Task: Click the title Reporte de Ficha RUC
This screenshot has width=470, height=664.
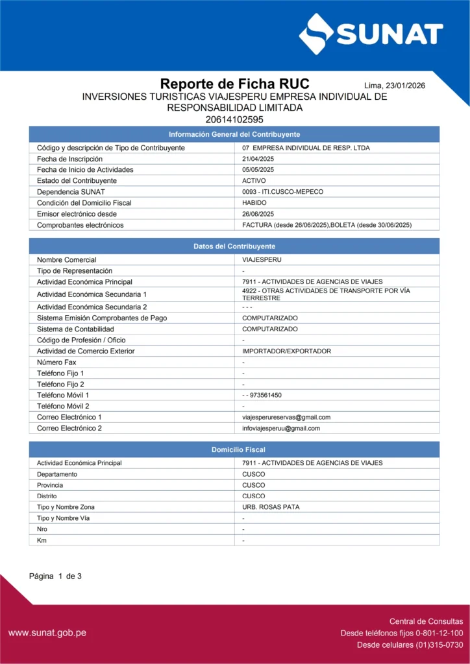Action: point(234,84)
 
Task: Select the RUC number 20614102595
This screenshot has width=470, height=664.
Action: point(234,119)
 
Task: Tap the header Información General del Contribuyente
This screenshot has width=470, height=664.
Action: point(234,134)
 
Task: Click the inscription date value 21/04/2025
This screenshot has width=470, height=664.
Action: point(258,159)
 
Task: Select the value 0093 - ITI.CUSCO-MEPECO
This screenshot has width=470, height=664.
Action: point(282,192)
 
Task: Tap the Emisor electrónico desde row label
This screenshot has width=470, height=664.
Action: point(77,214)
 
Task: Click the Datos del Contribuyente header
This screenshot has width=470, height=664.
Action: point(234,246)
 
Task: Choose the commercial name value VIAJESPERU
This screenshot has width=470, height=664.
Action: point(262,260)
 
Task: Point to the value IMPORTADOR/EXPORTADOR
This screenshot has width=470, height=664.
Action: point(286,351)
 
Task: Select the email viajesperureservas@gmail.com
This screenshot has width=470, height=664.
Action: point(286,417)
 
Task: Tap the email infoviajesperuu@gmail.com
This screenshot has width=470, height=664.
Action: point(281,428)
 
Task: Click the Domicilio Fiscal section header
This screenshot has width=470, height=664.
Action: point(234,449)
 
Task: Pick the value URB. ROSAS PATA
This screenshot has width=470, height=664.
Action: point(271,507)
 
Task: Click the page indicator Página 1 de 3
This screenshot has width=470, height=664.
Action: point(55,576)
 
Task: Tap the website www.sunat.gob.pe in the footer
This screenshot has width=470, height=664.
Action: point(47,633)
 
